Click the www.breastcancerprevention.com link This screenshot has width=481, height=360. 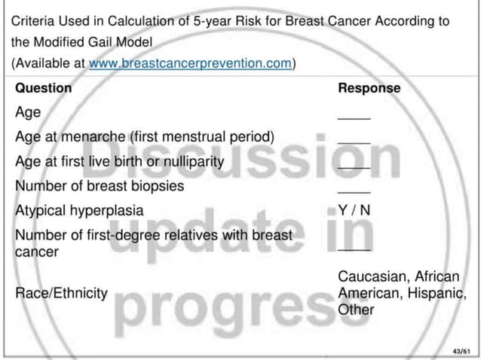click(x=190, y=63)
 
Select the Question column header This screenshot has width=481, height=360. click(x=44, y=88)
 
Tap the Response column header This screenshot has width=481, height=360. click(x=369, y=88)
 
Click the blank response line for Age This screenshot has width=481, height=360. click(x=354, y=118)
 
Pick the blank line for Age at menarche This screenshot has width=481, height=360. click(x=354, y=142)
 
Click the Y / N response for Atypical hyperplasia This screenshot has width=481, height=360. click(x=354, y=210)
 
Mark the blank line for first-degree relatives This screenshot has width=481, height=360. click(x=354, y=249)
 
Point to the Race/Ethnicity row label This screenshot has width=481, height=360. click(x=61, y=293)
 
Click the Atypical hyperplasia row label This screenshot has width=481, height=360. click(x=79, y=210)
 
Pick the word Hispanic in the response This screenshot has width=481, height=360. click(x=432, y=293)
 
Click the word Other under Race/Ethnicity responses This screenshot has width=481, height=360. click(x=356, y=309)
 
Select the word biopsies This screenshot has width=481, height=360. click(x=156, y=185)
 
